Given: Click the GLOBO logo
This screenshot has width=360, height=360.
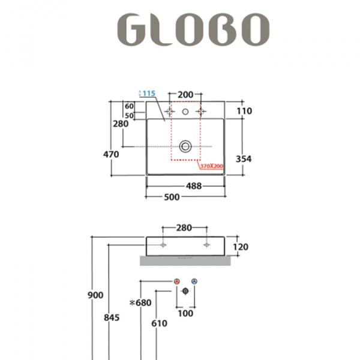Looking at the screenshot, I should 192,28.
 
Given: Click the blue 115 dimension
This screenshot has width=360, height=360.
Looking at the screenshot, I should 149,94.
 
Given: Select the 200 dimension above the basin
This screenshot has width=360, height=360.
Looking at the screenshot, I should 185,95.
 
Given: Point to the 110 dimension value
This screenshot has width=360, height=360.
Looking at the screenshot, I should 244,110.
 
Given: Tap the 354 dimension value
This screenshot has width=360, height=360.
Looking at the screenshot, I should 244,158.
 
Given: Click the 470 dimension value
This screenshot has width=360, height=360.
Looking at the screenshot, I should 111,154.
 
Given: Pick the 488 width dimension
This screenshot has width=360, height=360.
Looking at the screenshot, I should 193,186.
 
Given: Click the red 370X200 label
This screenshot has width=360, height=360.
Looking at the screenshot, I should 212,166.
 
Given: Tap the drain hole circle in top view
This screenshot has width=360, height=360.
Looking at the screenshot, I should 185,146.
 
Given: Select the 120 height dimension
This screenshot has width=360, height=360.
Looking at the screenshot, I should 240,247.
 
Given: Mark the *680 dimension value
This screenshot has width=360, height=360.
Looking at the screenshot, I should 140,303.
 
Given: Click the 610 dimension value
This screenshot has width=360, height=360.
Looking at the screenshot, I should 159,323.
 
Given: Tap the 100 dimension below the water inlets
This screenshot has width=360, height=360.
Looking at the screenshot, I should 185,313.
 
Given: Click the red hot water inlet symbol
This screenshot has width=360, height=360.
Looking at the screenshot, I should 176,281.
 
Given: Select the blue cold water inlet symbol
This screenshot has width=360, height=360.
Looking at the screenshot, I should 194,281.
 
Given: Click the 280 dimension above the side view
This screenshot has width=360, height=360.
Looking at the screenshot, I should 184,228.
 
